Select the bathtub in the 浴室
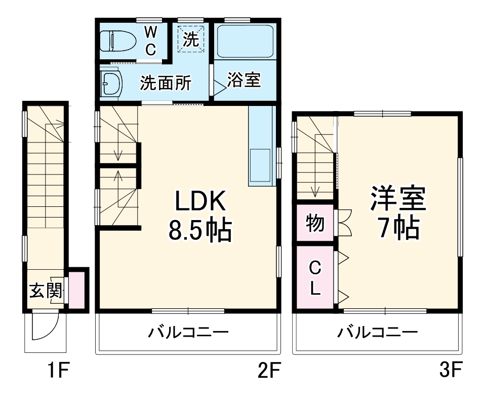point(246,42)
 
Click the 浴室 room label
point(244,80)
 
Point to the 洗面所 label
point(166,83)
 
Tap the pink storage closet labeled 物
point(315,223)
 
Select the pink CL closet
point(315,277)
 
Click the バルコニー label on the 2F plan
point(188,333)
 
